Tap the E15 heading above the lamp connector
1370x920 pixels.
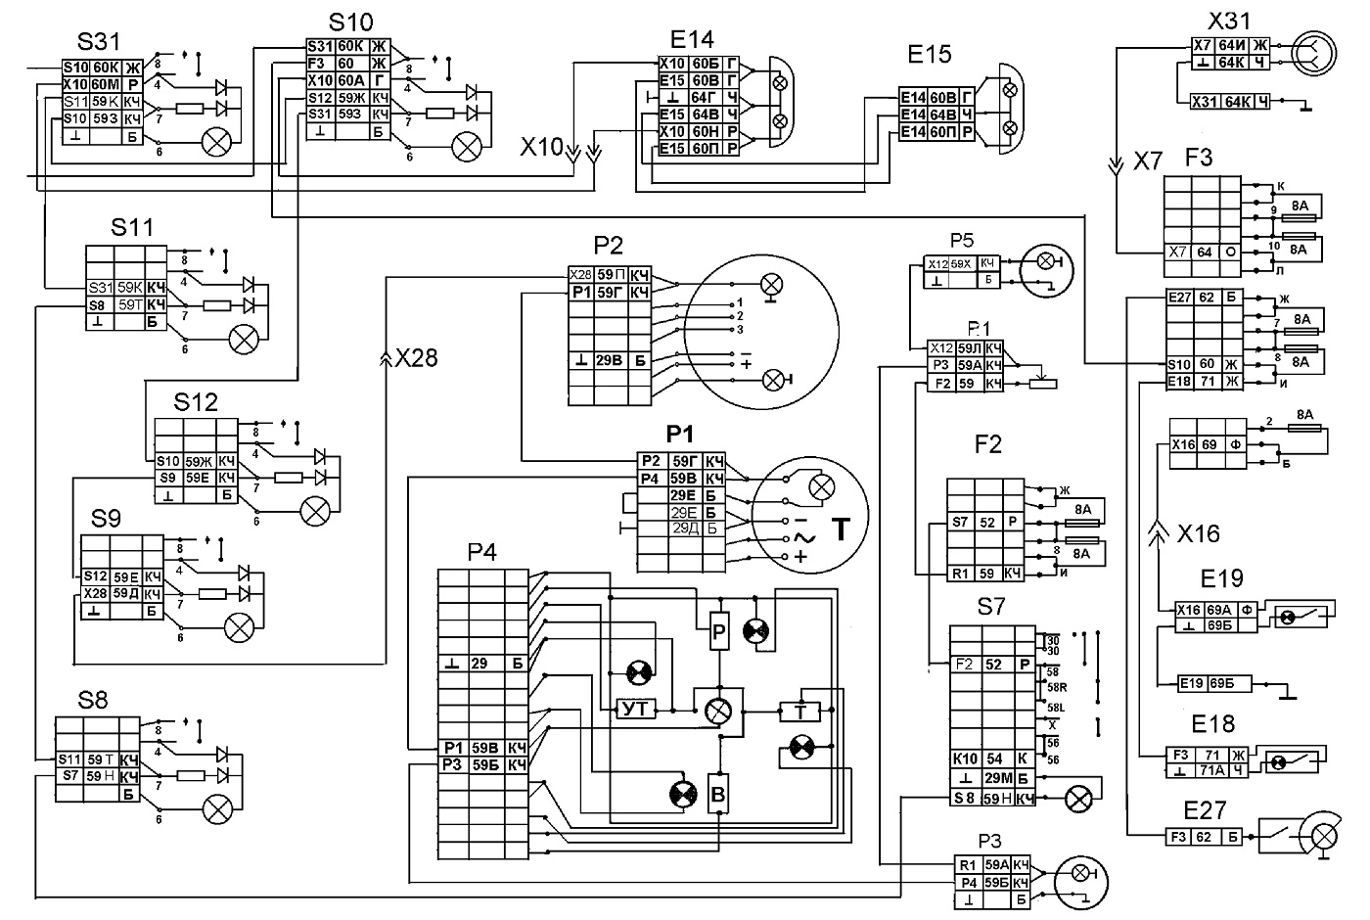pos(930,54)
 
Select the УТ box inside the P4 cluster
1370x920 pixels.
pos(636,709)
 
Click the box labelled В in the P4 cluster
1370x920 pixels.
pos(718,795)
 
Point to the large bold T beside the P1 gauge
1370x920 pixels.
pos(841,529)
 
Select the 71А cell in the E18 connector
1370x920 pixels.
pos(1210,770)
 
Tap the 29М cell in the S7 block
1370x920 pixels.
pos(994,778)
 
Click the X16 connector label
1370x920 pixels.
pos(1199,534)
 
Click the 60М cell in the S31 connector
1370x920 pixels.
pos(106,84)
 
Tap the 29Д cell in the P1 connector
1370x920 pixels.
pos(684,529)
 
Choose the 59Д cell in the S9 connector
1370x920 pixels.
pos(126,593)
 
